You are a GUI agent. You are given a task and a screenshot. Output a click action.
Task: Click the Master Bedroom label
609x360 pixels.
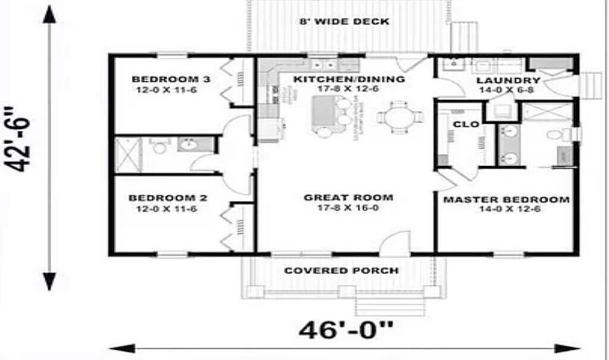click(505, 199)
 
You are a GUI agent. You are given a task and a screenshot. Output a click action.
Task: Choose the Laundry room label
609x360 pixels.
click(508, 80)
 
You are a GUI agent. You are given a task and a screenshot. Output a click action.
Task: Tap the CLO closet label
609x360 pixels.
click(463, 124)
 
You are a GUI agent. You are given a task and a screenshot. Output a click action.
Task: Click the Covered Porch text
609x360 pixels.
click(341, 271)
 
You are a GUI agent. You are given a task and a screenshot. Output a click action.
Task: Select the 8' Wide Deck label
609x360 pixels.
click(343, 22)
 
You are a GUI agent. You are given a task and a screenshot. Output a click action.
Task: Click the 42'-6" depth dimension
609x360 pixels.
click(22, 139)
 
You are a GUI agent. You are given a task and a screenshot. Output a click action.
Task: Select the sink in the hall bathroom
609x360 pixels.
click(189, 144)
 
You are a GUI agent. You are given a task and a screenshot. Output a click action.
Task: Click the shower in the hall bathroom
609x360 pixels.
click(127, 155)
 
